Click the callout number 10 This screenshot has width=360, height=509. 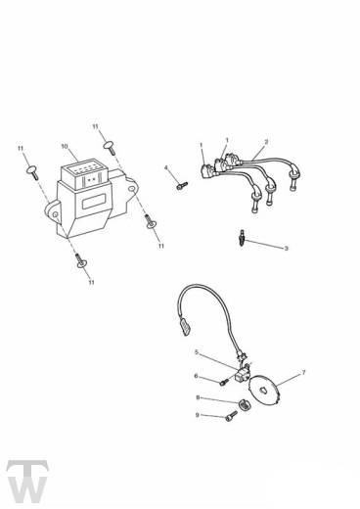65,147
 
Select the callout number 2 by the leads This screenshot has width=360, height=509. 266,141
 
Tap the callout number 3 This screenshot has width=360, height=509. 286,249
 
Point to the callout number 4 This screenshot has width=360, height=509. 166,167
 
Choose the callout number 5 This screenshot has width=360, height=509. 196,351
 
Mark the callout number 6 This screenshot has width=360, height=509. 196,376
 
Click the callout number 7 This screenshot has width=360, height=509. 303,373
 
